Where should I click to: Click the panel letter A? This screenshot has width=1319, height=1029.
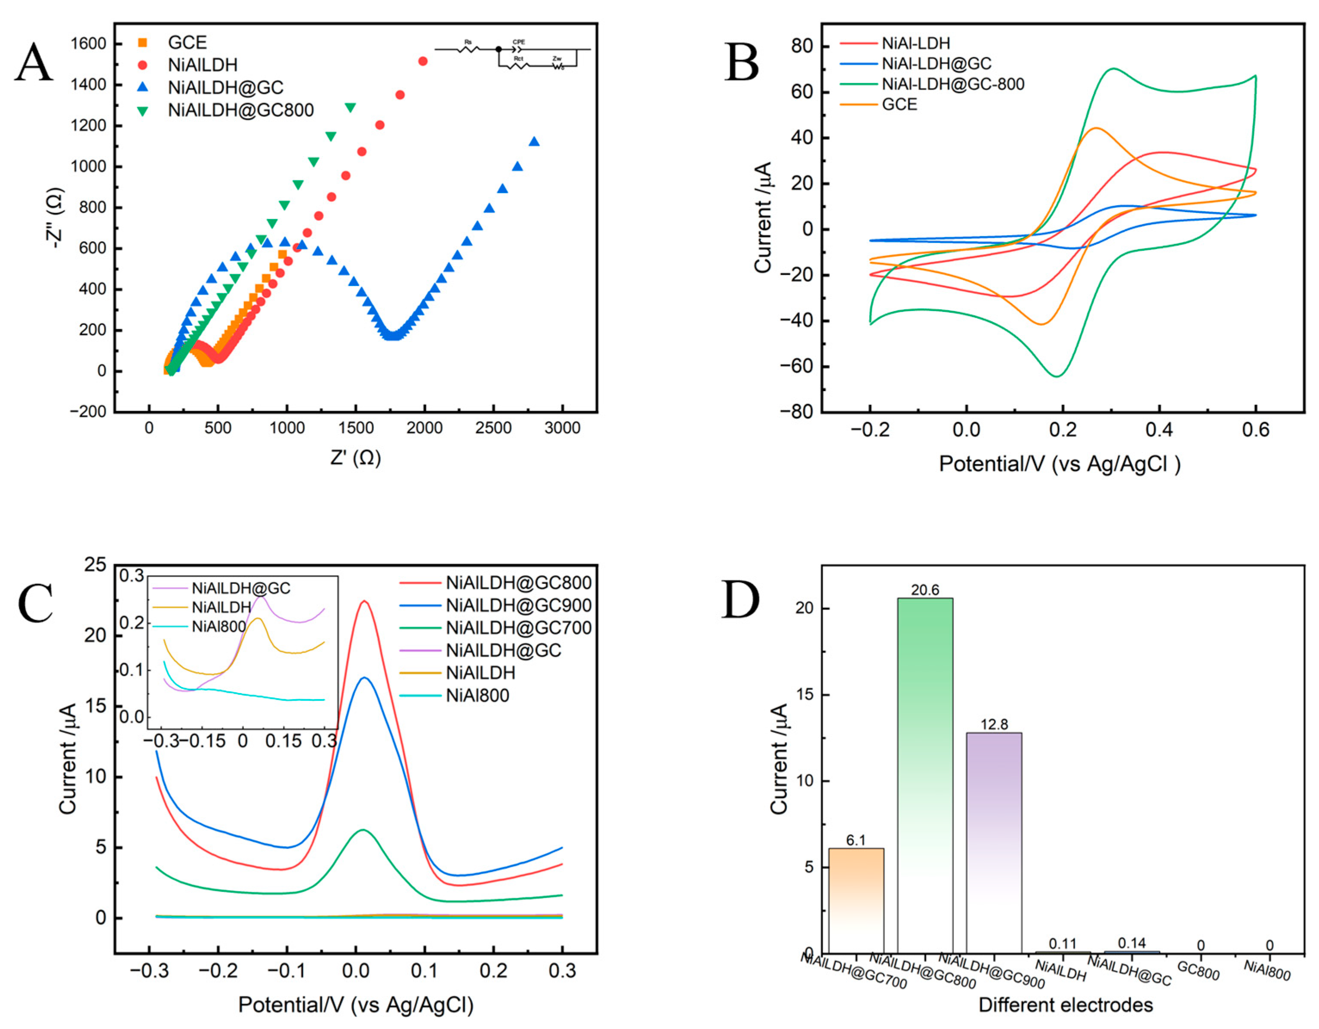click(x=34, y=63)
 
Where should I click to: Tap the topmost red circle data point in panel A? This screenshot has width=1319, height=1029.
click(x=423, y=61)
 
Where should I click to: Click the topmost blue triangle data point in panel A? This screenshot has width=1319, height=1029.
click(x=534, y=141)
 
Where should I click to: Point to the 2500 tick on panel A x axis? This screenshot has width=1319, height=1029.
click(x=493, y=428)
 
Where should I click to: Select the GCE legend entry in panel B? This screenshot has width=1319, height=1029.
click(x=899, y=105)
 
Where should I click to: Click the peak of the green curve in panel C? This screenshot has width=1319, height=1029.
click(x=362, y=830)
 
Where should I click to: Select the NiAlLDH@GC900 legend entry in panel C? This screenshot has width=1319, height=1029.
click(x=518, y=605)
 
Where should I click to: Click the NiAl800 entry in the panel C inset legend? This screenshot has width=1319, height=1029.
click(x=218, y=626)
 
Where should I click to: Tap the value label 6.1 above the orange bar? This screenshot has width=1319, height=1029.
click(x=856, y=840)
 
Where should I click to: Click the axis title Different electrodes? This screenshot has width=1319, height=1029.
click(x=1065, y=1005)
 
